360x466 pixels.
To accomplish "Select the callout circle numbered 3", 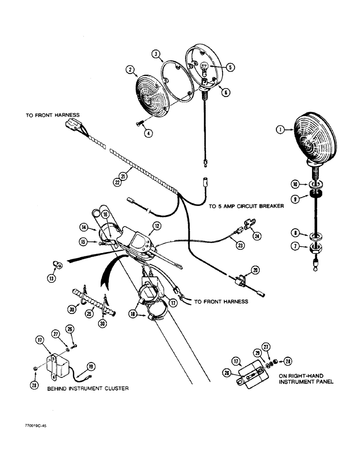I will point(156,55).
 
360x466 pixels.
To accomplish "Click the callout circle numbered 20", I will point(256,269).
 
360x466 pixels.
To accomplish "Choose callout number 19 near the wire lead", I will point(91,365).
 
